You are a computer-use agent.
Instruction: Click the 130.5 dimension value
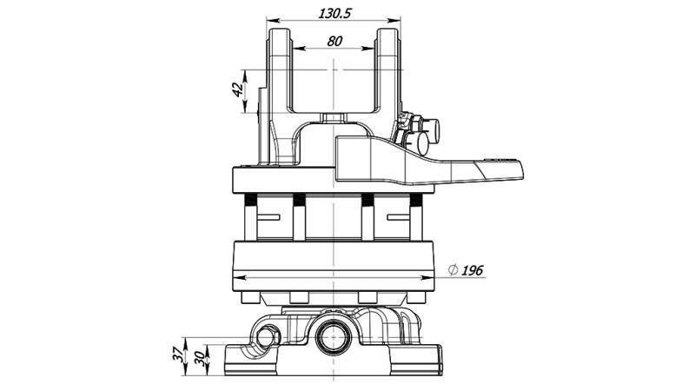tap(334, 13)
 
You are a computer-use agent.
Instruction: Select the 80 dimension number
tap(334, 41)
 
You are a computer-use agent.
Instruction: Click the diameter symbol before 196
tap(452, 271)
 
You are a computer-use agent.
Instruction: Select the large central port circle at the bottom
tap(334, 335)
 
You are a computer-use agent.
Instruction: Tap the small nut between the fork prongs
tap(334, 116)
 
